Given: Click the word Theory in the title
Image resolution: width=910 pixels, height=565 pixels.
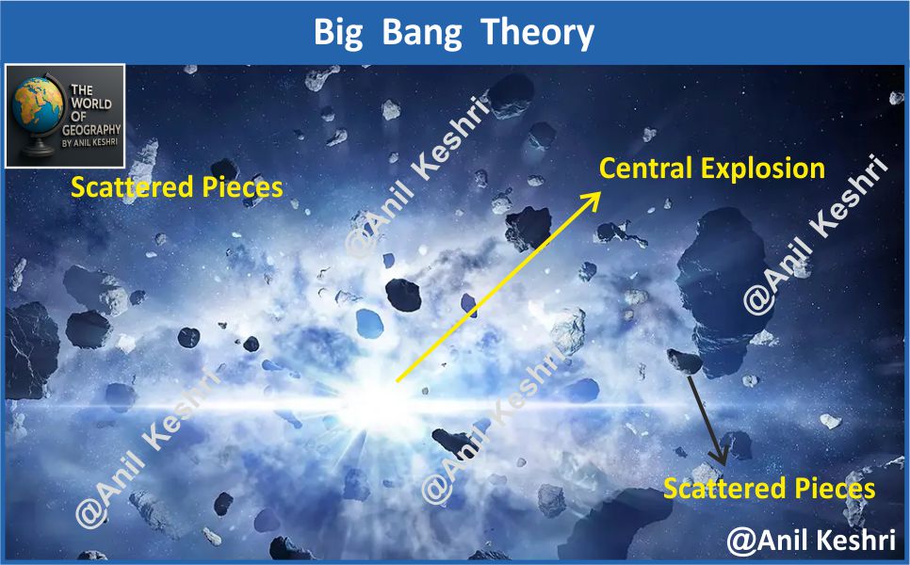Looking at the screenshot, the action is tap(538, 33).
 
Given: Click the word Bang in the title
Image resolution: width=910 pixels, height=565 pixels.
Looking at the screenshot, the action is tap(422, 33).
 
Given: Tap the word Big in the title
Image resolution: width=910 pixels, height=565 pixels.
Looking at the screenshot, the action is tap(338, 33).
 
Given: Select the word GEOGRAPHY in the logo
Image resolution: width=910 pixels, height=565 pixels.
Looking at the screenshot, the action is tap(91, 129).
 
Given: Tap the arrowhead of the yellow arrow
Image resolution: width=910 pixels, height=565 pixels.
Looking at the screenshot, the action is tap(592, 200).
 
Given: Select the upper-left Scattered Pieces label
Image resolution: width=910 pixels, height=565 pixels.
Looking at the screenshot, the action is tap(176, 187).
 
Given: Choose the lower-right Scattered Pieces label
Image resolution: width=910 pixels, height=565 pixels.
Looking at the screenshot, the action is tap(769, 489).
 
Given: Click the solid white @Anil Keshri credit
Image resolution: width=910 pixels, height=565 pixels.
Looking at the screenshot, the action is tap(811, 541).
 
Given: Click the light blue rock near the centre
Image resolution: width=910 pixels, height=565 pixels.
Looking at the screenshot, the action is tap(369, 324).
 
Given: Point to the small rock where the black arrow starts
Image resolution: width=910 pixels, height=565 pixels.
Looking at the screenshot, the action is tap(686, 362).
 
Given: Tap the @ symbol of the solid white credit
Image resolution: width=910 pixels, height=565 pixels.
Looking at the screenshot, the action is tap(740, 541).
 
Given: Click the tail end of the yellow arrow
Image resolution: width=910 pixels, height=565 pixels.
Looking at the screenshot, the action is tap(397, 381).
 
